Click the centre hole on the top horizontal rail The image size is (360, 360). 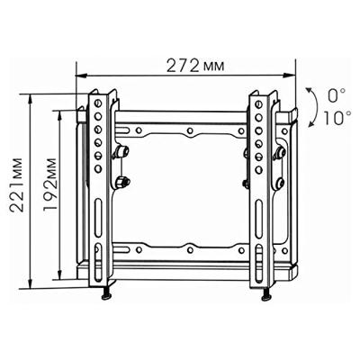click(191, 132)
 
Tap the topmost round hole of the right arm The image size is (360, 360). click(259, 105)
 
